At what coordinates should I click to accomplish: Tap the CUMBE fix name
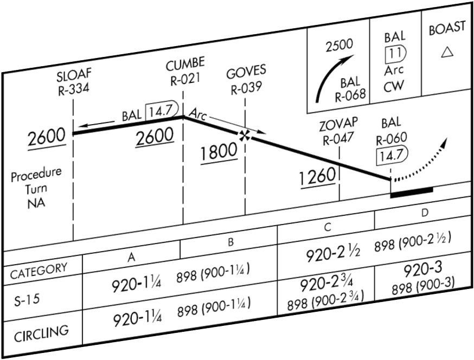tap(183, 66)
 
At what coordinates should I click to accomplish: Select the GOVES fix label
tap(247, 72)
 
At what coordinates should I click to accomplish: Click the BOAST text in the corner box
tap(447, 29)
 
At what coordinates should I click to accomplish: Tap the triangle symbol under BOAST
tap(447, 52)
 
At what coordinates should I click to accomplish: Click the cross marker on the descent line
tap(246, 135)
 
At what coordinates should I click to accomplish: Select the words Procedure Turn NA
tap(37, 189)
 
